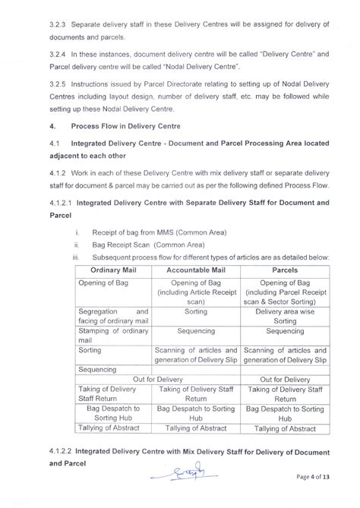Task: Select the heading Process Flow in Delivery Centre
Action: (x=124, y=125)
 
